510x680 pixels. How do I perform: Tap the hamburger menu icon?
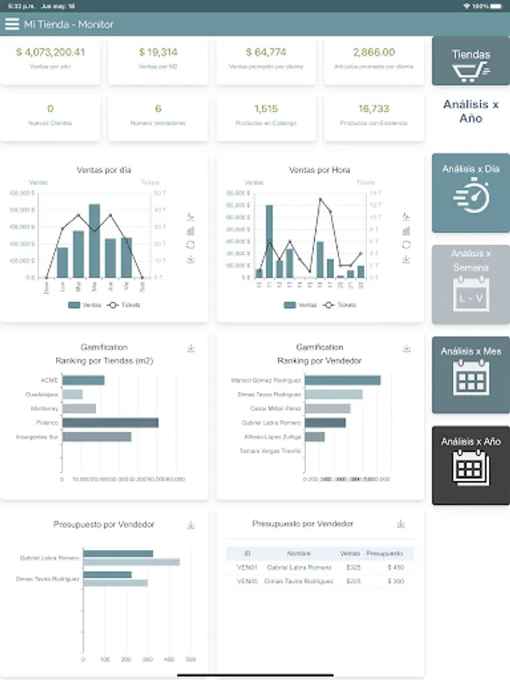click(x=11, y=24)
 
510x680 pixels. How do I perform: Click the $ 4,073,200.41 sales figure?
click(x=50, y=52)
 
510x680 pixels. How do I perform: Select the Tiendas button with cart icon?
click(x=471, y=62)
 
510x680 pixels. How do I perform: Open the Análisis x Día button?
click(x=471, y=193)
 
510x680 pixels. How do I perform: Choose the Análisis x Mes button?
click(x=471, y=375)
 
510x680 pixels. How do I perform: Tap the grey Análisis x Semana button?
click(x=471, y=284)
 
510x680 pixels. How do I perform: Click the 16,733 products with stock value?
click(x=374, y=109)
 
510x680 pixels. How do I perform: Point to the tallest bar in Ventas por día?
click(x=94, y=240)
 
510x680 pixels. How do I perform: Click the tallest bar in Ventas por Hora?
click(x=269, y=240)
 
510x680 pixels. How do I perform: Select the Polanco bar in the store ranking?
click(x=110, y=422)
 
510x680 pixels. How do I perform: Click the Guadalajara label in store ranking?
click(x=44, y=394)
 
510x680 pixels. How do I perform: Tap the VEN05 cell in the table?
click(x=247, y=582)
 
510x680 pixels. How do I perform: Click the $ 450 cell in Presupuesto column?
click(x=395, y=567)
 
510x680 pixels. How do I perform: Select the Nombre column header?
click(x=298, y=553)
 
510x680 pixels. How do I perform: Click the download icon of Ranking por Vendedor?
click(x=406, y=348)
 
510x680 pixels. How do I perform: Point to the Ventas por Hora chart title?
click(x=319, y=170)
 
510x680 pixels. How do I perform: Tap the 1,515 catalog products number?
click(x=266, y=109)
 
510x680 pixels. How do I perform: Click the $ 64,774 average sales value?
click(x=266, y=52)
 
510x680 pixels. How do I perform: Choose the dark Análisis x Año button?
click(x=471, y=465)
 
